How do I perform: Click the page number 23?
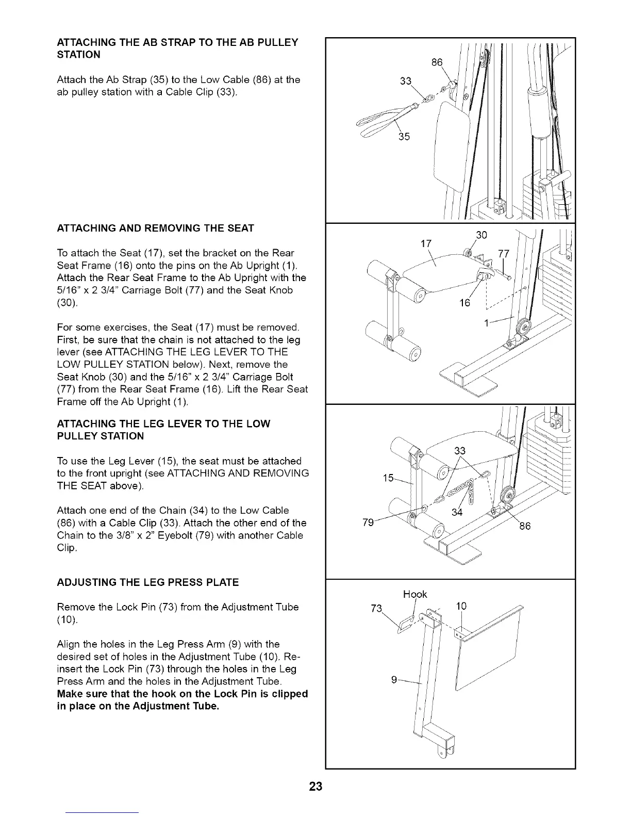click(x=315, y=787)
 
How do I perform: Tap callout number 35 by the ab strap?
click(x=405, y=137)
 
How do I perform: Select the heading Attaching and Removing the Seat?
click(x=155, y=228)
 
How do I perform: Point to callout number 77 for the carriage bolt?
click(x=503, y=253)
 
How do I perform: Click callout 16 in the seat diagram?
click(x=465, y=303)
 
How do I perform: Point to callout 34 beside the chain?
click(x=457, y=512)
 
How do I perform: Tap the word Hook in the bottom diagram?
click(x=415, y=594)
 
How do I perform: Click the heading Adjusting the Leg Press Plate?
click(x=148, y=582)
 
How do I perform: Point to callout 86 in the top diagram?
click(x=437, y=63)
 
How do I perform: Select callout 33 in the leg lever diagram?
click(x=460, y=450)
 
